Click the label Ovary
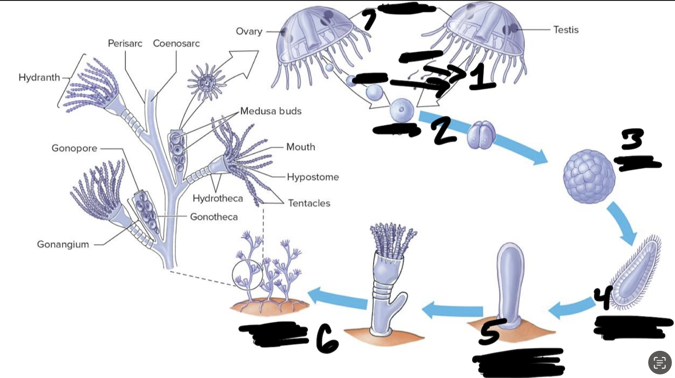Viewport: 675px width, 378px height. pyautogui.click(x=249, y=31)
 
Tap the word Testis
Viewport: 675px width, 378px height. pyautogui.click(x=566, y=29)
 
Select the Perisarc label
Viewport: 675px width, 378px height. pyautogui.click(x=125, y=43)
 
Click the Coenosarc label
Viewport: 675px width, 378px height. pyautogui.click(x=176, y=43)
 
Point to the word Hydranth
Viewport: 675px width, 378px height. pyautogui.click(x=39, y=77)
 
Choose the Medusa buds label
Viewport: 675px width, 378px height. pyautogui.click(x=271, y=111)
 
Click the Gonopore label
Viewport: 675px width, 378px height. pyautogui.click(x=74, y=148)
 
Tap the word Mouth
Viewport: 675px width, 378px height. pyautogui.click(x=300, y=147)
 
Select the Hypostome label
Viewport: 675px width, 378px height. pyautogui.click(x=313, y=177)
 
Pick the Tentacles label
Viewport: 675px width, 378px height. pyautogui.click(x=309, y=203)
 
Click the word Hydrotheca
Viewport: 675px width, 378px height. pyautogui.click(x=218, y=198)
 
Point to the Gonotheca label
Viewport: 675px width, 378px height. pyautogui.click(x=214, y=216)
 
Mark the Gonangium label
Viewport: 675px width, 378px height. pyautogui.click(x=63, y=244)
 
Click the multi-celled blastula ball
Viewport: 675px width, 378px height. pyautogui.click(x=589, y=177)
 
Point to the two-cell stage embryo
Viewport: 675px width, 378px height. pyautogui.click(x=482, y=134)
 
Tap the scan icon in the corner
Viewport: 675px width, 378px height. pyautogui.click(x=660, y=363)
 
